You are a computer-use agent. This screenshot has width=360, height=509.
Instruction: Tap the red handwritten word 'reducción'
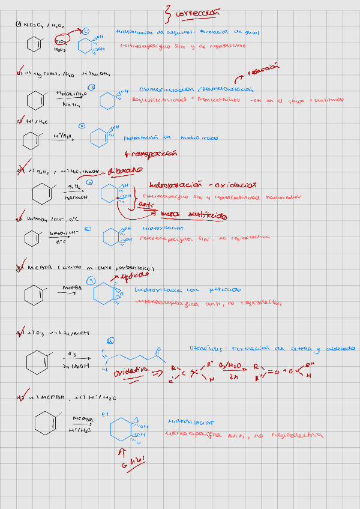point(265,71)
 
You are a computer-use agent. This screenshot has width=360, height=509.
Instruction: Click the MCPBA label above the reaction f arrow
point(73,288)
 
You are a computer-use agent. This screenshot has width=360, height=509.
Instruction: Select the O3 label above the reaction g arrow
point(72,354)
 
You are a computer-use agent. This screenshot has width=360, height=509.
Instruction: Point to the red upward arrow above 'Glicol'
point(124,450)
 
